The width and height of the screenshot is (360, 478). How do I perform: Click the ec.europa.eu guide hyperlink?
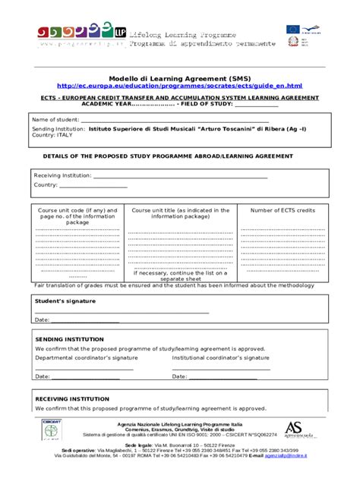pyautogui.click(x=179, y=86)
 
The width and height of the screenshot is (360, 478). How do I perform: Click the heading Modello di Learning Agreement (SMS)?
pyautogui.click(x=179, y=78)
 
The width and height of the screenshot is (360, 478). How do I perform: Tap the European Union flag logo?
pyautogui.click(x=293, y=30)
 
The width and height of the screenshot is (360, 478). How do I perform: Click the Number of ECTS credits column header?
pyautogui.click(x=283, y=210)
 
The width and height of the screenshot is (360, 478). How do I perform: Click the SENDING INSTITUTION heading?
pyautogui.click(x=69, y=339)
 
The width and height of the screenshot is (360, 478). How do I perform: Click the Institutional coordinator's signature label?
pyautogui.click(x=220, y=357)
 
